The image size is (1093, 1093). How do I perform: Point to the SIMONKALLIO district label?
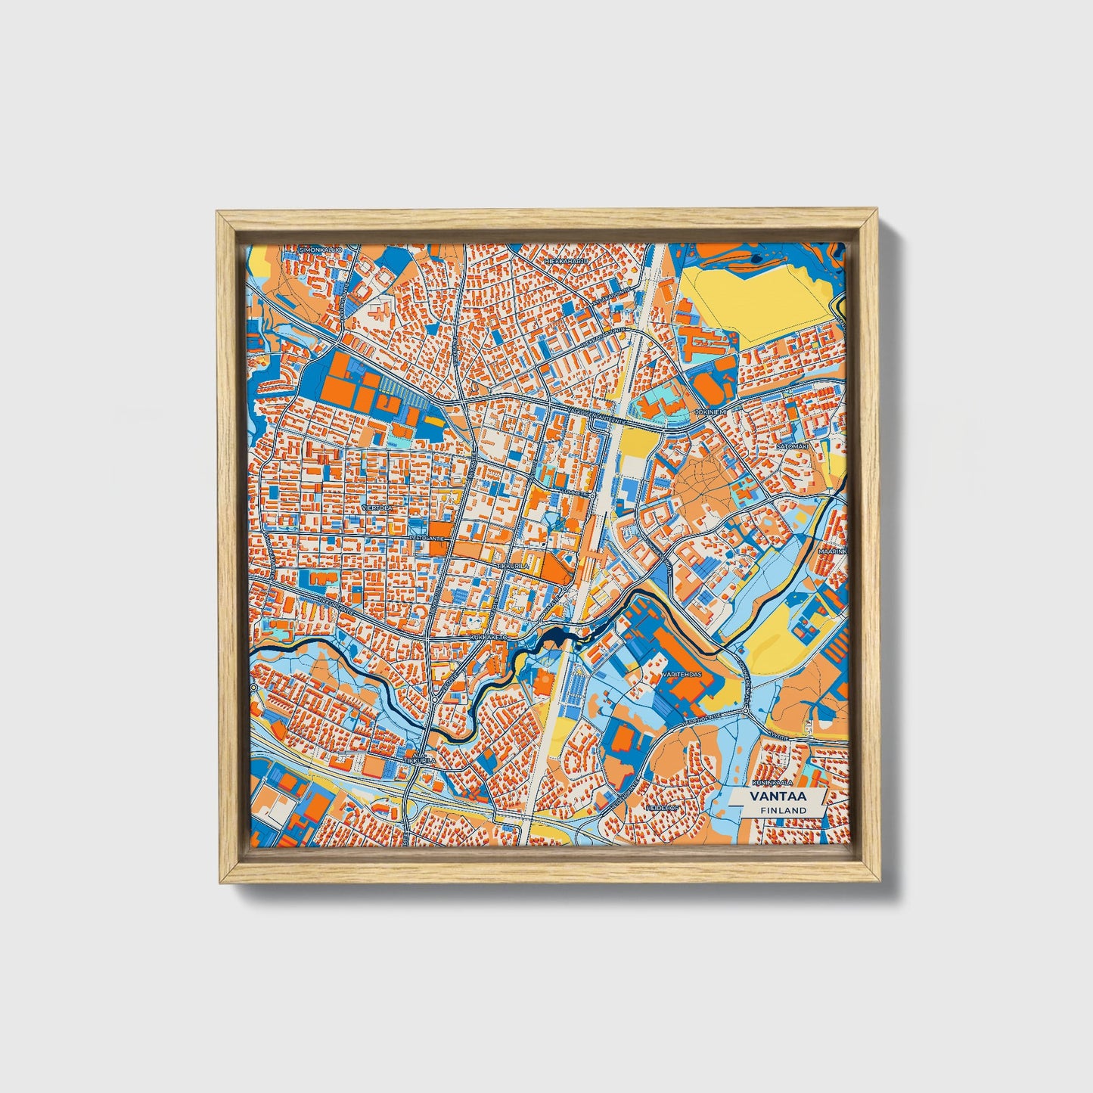pyautogui.click(x=320, y=250)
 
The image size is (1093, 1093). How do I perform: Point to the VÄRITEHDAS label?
pyautogui.click(x=681, y=673)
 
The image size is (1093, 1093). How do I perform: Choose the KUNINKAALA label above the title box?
pyautogui.click(x=771, y=782)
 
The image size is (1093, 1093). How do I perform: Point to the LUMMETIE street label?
pyautogui.click(x=574, y=493)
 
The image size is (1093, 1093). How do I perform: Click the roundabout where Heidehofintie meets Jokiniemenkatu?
pyautogui.click(x=745, y=712)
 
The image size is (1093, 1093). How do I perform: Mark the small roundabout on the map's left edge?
pyautogui.click(x=253, y=688)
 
